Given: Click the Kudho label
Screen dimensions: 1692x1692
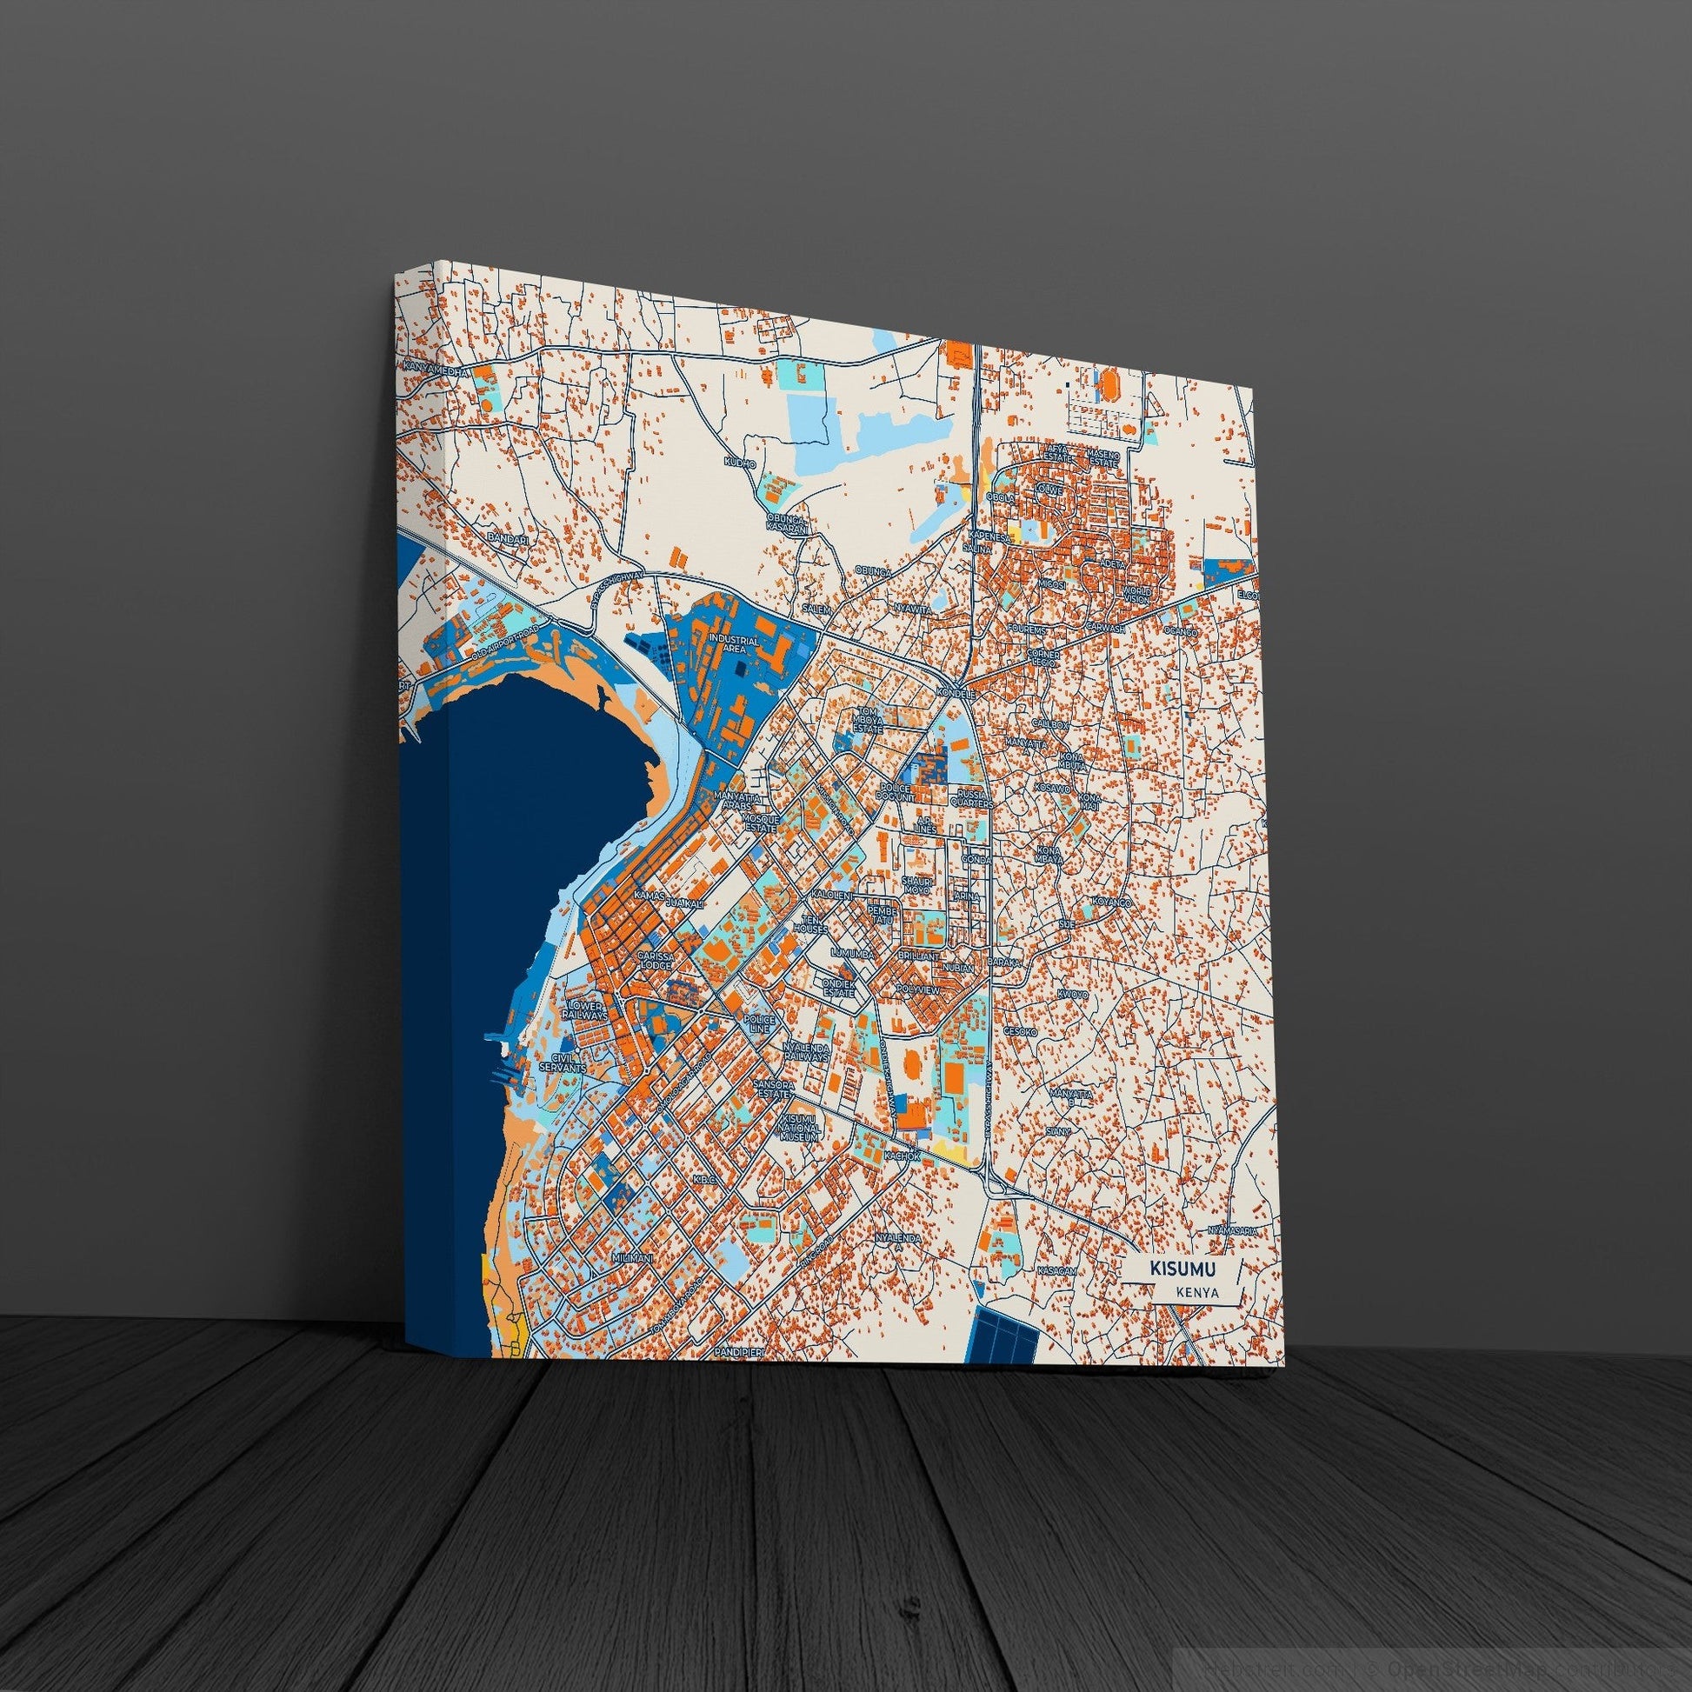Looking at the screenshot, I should [739, 462].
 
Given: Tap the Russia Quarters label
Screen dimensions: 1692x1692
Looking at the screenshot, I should [971, 799].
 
